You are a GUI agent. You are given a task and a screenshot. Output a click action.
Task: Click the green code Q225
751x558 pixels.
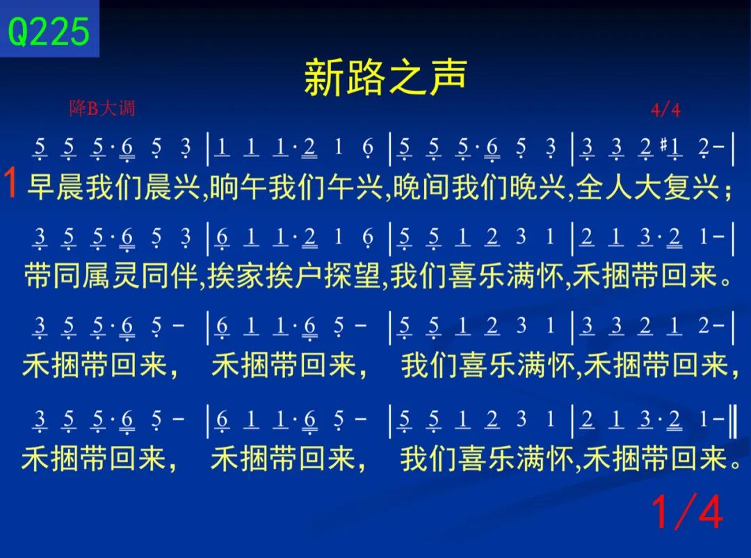coord(49,31)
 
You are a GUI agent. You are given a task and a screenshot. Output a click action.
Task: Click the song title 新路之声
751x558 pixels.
coord(385,76)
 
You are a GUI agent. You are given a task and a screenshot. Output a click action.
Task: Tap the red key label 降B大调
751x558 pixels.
coord(102,108)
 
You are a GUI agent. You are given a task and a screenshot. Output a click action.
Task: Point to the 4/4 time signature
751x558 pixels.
coord(665,110)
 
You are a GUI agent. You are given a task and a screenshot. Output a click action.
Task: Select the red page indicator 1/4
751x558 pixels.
coord(687,511)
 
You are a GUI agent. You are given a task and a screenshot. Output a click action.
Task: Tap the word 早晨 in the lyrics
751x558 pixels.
coord(56,187)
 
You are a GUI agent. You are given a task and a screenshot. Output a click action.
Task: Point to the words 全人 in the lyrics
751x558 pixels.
coord(604,187)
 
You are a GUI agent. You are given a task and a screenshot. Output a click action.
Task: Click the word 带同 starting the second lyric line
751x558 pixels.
coord(53,276)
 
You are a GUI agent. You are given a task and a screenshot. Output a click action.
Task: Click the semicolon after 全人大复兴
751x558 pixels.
coord(728,190)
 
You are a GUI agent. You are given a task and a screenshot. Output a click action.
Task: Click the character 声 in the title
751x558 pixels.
coord(448,76)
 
